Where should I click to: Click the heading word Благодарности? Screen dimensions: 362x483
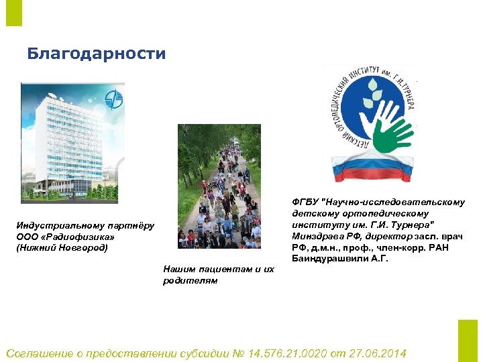[x=96, y=54]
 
